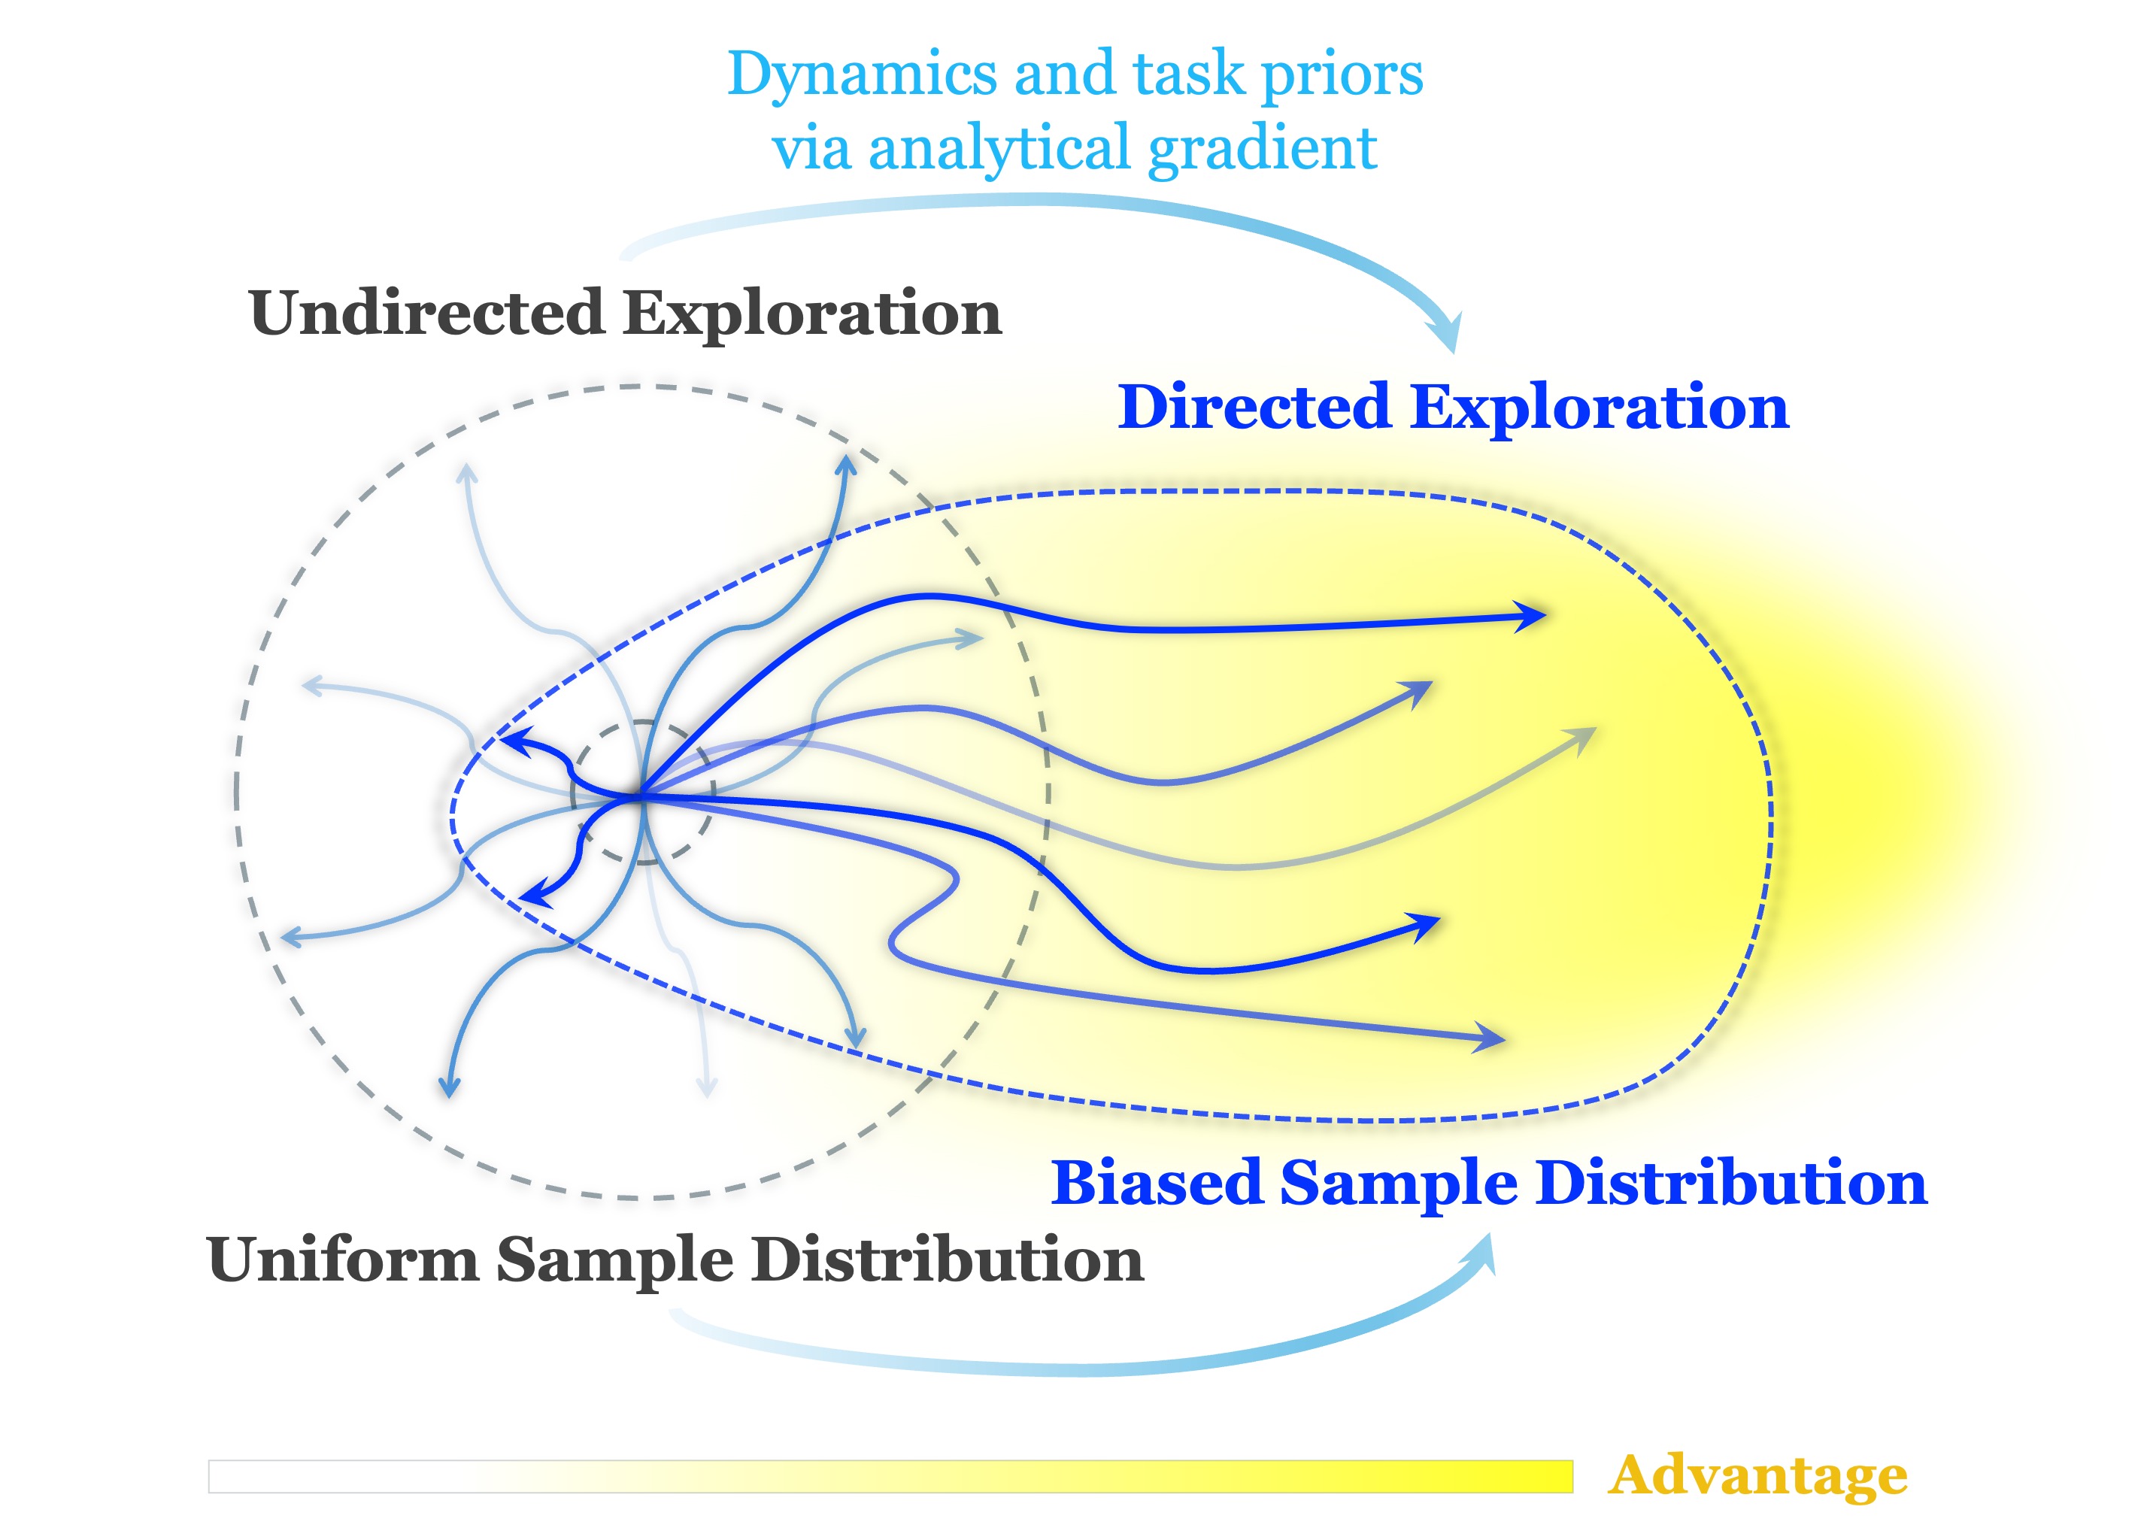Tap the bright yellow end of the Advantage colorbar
click(x=1552, y=1477)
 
